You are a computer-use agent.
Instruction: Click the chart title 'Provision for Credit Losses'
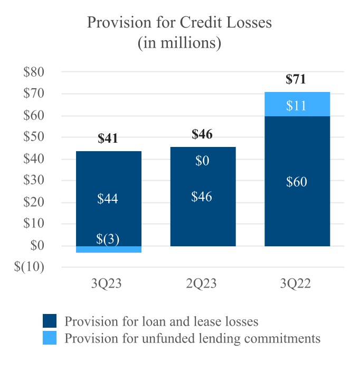179,23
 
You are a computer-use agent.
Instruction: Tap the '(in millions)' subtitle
179,43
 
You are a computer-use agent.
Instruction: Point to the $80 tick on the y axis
33,72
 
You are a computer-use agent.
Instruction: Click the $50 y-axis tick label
33,137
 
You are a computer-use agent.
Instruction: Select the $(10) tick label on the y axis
30,267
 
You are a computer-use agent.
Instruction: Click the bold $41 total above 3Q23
108,139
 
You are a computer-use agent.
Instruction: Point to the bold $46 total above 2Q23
202,134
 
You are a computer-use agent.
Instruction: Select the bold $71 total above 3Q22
296,80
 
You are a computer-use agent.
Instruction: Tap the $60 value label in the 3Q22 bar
296,182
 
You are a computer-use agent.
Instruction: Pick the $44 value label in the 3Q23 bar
108,199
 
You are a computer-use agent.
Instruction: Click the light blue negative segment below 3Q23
109,249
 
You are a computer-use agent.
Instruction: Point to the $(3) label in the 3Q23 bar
108,239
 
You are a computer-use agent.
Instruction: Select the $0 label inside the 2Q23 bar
202,161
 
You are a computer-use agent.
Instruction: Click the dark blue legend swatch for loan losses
50,321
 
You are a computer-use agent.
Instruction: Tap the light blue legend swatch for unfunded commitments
50,338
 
